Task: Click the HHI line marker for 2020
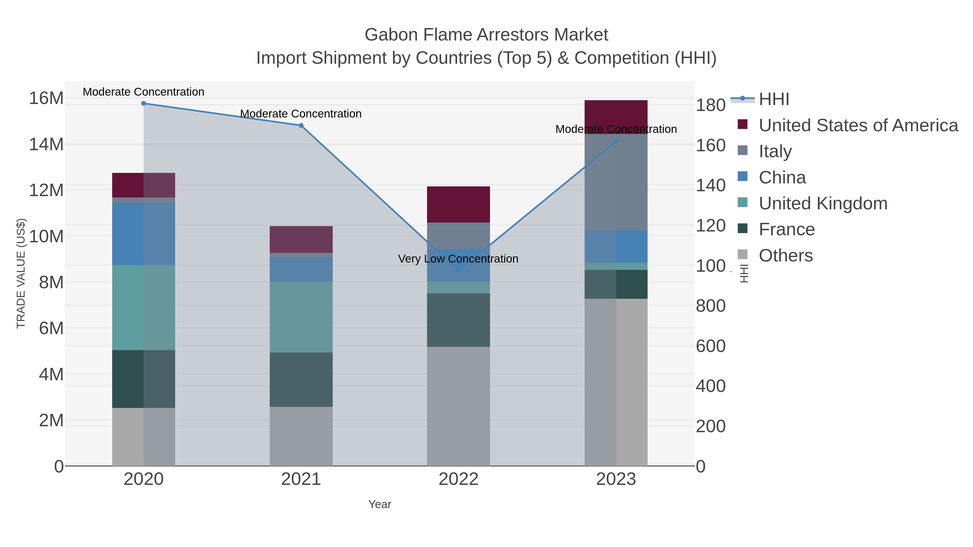144,103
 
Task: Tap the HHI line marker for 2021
301,126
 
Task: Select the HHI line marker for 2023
616,142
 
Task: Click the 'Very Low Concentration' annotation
458,259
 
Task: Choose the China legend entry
782,177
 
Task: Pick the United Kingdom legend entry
823,203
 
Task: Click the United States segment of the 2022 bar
458,204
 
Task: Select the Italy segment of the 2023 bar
616,182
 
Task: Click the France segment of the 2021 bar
301,380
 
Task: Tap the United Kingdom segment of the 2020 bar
144,307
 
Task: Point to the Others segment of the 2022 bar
458,406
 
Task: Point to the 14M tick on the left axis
46,144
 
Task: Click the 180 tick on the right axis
711,105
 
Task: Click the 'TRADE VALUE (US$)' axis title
21,273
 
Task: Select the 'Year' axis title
380,504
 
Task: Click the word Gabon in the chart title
391,35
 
